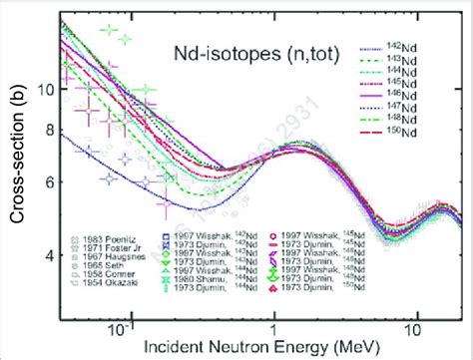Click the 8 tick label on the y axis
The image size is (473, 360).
(x=46, y=130)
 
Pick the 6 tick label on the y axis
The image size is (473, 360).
(x=46, y=182)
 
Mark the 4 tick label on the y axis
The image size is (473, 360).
(x=46, y=257)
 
